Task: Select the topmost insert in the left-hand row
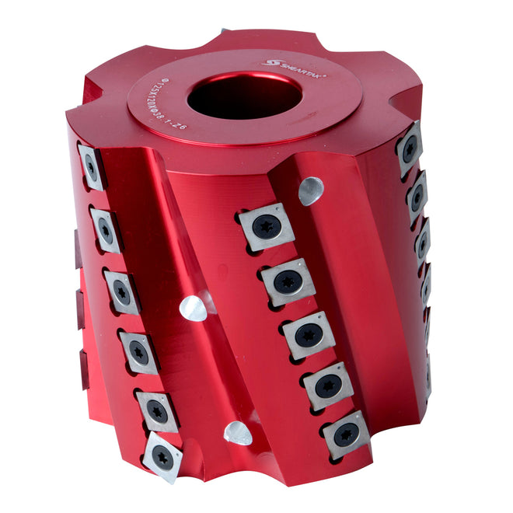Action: click(x=92, y=166)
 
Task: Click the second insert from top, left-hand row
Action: click(x=105, y=230)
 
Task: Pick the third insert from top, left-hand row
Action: click(x=121, y=291)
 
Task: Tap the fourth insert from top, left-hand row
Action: click(x=138, y=351)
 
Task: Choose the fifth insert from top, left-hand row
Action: click(x=157, y=410)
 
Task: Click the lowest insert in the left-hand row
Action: click(x=162, y=458)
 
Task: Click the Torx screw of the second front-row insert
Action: click(x=288, y=281)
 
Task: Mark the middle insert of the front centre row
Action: click(x=309, y=335)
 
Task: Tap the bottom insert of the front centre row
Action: click(x=346, y=434)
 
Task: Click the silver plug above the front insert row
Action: click(x=311, y=189)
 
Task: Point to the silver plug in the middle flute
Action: click(x=194, y=308)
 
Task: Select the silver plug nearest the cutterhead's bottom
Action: click(x=237, y=433)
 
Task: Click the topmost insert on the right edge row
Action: click(x=409, y=148)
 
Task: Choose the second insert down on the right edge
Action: click(x=417, y=197)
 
